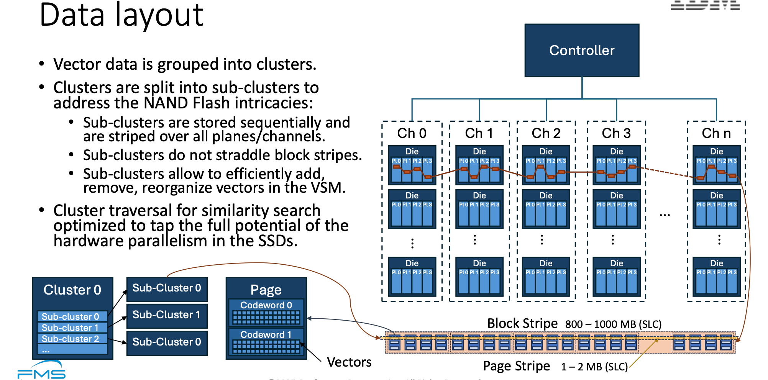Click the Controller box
(x=582, y=50)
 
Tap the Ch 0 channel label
(x=412, y=133)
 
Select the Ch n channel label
(x=716, y=133)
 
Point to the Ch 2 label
(x=546, y=133)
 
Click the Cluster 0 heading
(x=72, y=290)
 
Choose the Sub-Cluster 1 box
(x=167, y=315)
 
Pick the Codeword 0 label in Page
(x=266, y=305)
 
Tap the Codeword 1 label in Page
(x=266, y=334)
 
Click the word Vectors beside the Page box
(x=349, y=362)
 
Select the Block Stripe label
(x=522, y=323)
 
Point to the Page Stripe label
(x=516, y=366)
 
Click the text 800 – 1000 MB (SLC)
(x=613, y=324)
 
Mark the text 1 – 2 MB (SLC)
(x=594, y=367)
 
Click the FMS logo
(x=41, y=371)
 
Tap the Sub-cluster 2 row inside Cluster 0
(x=71, y=339)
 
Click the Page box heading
(x=266, y=290)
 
